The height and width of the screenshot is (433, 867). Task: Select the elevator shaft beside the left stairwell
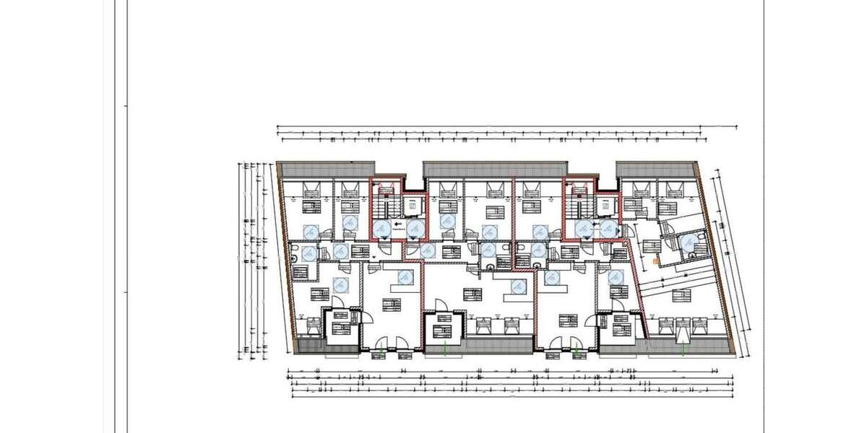(412, 206)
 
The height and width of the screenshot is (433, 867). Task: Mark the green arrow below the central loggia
(444, 349)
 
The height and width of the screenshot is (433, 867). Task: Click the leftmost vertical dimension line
(238, 260)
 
